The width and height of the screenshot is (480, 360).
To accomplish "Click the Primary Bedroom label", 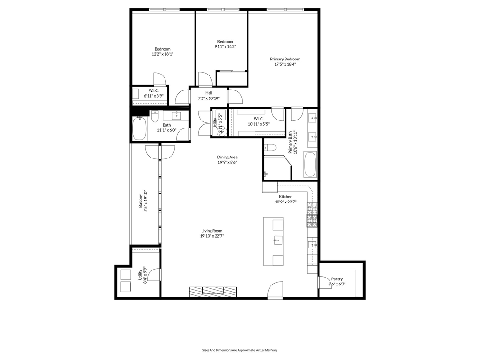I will (x=285, y=59).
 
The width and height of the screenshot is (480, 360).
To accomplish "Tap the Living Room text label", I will (x=212, y=231).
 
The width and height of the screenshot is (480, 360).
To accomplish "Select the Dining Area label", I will (x=227, y=157).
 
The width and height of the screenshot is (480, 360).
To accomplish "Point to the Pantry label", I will (x=337, y=279).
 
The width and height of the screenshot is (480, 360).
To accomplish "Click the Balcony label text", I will (x=140, y=200).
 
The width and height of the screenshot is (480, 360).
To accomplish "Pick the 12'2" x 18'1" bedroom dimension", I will (x=162, y=54).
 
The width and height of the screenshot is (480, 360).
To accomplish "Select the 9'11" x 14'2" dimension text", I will (x=225, y=47).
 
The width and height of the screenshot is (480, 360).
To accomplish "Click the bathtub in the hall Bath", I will (x=139, y=128).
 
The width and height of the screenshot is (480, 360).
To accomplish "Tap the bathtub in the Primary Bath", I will (x=310, y=164).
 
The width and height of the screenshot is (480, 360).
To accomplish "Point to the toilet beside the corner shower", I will (x=270, y=148).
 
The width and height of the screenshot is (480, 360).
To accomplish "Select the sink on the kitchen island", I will (x=277, y=241).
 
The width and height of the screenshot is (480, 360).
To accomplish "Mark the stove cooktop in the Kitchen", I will (x=312, y=215).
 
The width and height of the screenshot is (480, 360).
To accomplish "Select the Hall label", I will (x=209, y=93).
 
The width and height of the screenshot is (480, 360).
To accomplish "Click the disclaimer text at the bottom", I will (x=240, y=350).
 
